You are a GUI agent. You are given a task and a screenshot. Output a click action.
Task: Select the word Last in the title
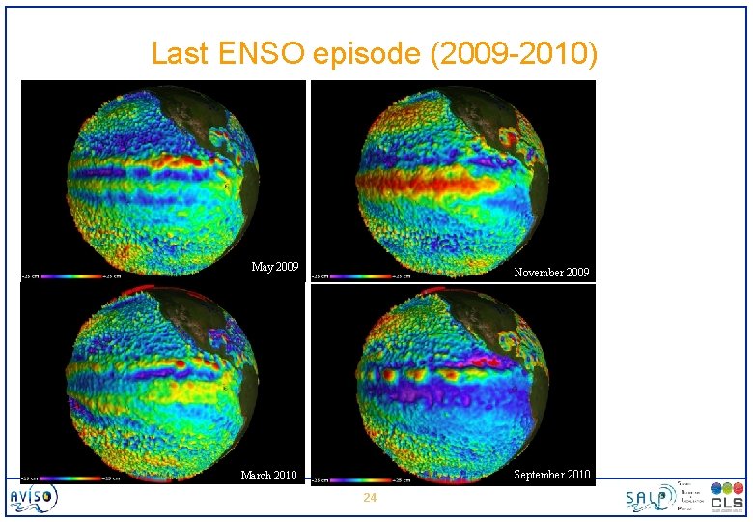point(180,53)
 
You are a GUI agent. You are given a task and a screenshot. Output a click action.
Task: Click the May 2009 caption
point(275,267)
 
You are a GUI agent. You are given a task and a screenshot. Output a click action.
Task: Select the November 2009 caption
point(551,273)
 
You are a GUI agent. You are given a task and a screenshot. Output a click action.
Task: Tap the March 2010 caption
point(268,476)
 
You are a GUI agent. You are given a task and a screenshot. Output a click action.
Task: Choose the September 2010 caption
point(551,474)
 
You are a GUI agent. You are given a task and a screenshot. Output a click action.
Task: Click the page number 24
point(368,498)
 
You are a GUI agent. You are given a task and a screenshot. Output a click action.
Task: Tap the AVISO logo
point(34,498)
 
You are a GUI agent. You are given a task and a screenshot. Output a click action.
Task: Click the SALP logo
point(648,498)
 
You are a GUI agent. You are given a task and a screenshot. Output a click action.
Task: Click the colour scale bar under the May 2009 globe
point(71,276)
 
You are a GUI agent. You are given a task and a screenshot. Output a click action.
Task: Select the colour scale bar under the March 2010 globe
point(71,478)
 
